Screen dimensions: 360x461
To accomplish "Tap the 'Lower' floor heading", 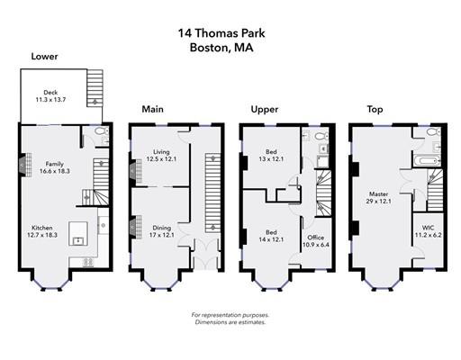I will (45, 57).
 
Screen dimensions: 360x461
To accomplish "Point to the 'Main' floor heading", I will (152, 109).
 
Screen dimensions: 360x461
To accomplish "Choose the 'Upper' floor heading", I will (263, 109).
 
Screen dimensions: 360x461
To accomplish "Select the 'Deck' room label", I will (50, 92).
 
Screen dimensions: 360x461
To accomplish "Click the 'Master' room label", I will (379, 193).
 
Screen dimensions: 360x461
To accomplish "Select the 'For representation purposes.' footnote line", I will (230, 314).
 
